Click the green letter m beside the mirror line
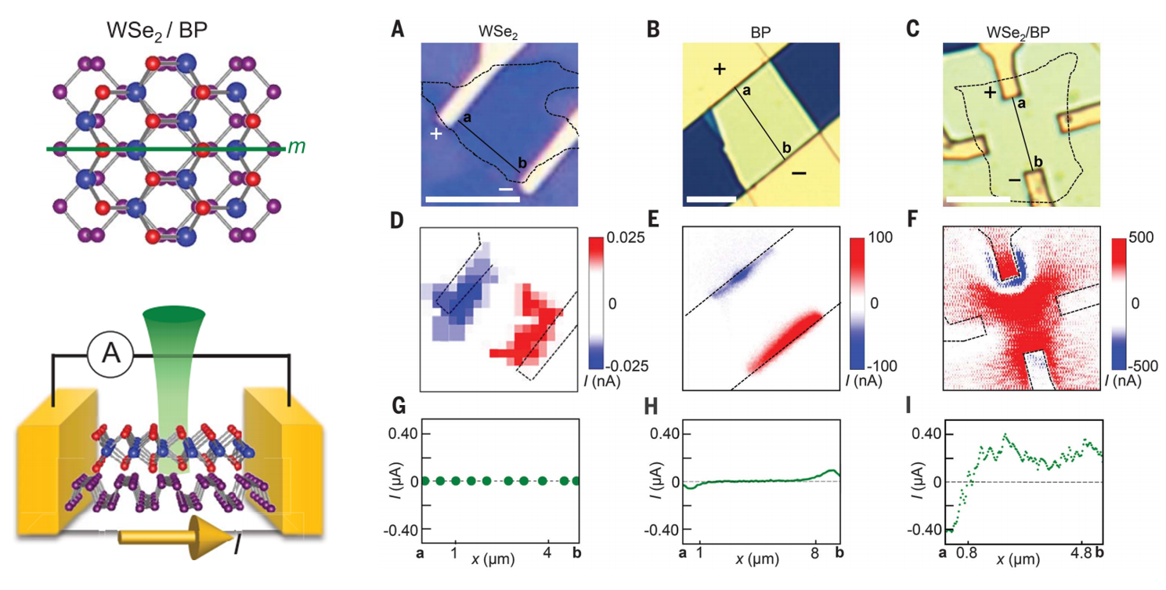point(295,147)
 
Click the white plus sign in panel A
point(435,134)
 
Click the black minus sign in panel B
point(799,172)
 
